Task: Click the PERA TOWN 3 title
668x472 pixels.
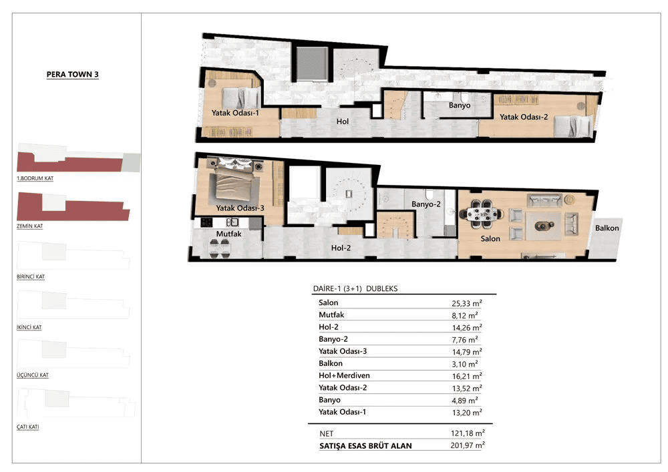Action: (x=72, y=74)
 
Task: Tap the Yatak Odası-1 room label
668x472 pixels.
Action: (x=235, y=113)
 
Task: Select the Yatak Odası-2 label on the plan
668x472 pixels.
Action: (x=524, y=117)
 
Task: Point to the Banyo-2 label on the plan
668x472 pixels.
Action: (x=426, y=204)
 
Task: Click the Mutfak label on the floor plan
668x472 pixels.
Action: (x=228, y=234)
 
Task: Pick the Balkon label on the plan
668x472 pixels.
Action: (x=607, y=228)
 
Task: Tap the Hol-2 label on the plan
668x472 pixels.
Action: (x=341, y=248)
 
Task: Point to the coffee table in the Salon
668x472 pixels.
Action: (x=542, y=226)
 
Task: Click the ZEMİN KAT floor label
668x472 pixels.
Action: (x=30, y=226)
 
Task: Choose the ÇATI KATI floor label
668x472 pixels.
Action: (x=27, y=427)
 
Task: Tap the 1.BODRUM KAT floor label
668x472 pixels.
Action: (x=35, y=178)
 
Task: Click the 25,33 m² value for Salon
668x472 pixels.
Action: (x=467, y=303)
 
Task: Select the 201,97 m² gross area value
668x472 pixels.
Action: (x=468, y=445)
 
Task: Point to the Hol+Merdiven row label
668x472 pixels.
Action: (x=344, y=375)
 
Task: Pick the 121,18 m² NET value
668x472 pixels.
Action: (x=468, y=433)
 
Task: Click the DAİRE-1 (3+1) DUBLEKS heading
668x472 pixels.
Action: (x=355, y=288)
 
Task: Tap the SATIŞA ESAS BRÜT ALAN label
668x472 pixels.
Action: (x=365, y=446)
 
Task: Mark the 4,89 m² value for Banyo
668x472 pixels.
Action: (x=465, y=401)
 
